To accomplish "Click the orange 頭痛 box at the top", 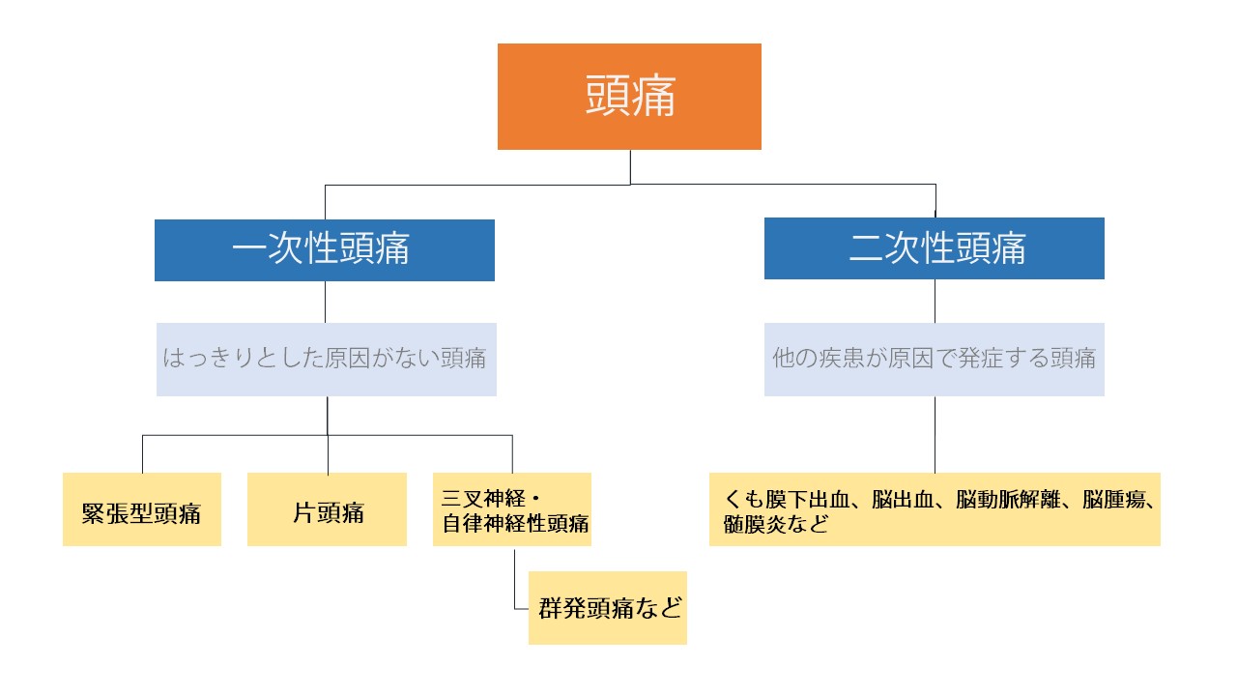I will point(629,97).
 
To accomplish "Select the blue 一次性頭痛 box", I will point(325,249).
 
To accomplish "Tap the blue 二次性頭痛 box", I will point(934,248).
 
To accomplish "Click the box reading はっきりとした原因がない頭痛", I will point(327,359).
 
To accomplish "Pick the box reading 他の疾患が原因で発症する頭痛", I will point(934,359).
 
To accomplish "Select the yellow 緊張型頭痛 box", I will point(142,509).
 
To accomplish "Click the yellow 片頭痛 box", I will point(327,509).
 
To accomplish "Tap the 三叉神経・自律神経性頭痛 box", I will point(512,509).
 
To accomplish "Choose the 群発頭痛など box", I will point(608,608).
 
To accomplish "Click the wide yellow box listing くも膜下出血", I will point(935,509).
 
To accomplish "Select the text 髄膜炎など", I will point(777,524).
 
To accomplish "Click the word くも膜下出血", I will point(786,500).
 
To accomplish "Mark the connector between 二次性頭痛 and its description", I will point(935,301).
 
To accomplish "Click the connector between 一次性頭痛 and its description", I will point(325,302).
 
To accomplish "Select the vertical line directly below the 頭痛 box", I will point(630,166).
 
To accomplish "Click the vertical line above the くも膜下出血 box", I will point(935,435).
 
